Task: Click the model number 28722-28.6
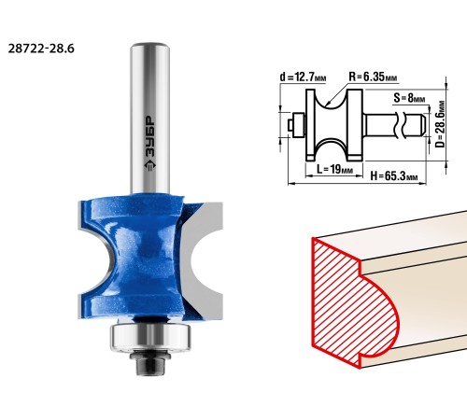41,49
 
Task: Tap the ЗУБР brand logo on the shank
150,144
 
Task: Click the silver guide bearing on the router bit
150,337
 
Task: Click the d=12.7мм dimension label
303,77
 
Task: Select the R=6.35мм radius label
373,77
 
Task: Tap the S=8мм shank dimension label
409,98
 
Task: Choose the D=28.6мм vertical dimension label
440,124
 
